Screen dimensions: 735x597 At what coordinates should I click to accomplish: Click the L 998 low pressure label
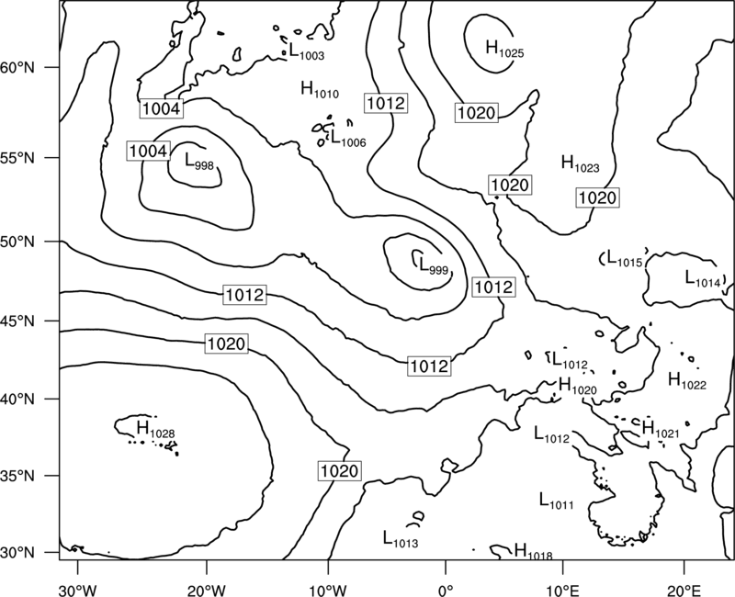tap(199, 162)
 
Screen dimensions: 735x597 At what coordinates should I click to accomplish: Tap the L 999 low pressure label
tap(433, 266)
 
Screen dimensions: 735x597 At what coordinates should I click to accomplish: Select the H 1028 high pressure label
tap(155, 429)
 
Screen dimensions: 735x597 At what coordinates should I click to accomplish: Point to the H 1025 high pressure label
tap(504, 49)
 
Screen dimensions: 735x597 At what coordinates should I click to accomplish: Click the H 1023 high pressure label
tap(581, 163)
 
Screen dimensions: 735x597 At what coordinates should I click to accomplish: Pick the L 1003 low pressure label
tap(306, 51)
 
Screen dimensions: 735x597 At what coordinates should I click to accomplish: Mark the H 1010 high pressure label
tap(320, 89)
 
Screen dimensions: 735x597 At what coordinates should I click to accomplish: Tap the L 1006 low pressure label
tap(348, 139)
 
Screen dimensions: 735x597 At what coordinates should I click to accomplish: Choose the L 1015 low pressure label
tap(625, 258)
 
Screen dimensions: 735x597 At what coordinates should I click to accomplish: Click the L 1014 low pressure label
tap(703, 278)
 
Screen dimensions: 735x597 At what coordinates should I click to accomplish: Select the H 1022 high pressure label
tap(687, 380)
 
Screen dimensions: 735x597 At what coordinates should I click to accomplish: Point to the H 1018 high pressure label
tap(534, 551)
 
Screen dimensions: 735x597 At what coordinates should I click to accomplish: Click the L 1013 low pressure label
tap(401, 538)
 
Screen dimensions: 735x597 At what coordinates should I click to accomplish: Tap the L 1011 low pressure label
tap(557, 501)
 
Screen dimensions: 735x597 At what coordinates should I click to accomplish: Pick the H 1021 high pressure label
tap(660, 429)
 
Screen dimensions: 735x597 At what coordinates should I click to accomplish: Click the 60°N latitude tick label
tap(17, 67)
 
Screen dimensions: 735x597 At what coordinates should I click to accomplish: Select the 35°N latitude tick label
tap(17, 476)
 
